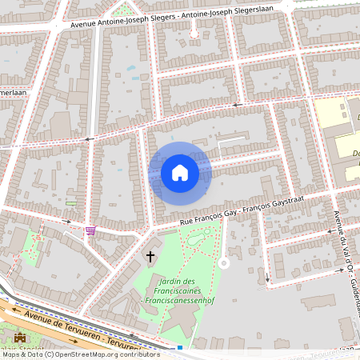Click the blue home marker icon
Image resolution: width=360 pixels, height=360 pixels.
coord(179,173)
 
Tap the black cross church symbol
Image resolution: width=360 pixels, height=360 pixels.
coord(150,257)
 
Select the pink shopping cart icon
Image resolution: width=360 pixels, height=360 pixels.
coord(90,230)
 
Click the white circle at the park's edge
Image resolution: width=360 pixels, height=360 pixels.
coord(224,262)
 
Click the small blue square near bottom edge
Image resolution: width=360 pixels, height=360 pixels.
coord(180,348)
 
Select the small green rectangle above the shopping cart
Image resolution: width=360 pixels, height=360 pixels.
coord(72,203)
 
